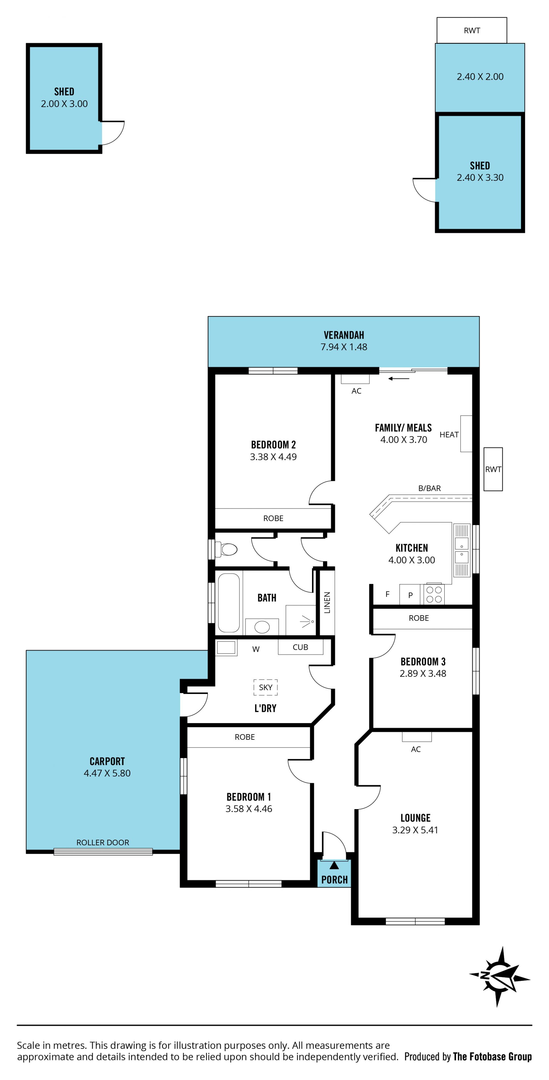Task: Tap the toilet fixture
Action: click(x=226, y=549)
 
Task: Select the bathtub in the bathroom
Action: click(x=229, y=602)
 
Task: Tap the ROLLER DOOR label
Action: click(x=103, y=842)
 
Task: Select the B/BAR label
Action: click(x=429, y=488)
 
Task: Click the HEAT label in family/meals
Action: click(x=449, y=435)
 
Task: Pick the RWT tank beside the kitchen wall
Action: click(x=493, y=469)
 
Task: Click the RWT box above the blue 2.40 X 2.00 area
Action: click(x=472, y=30)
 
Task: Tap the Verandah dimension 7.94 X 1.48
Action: click(x=344, y=347)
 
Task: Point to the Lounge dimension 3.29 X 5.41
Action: click(x=415, y=830)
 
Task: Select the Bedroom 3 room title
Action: click(x=423, y=661)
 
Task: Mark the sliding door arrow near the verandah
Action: click(x=399, y=379)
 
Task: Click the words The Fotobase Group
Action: click(x=492, y=1057)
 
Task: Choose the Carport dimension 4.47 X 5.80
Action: click(x=107, y=773)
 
